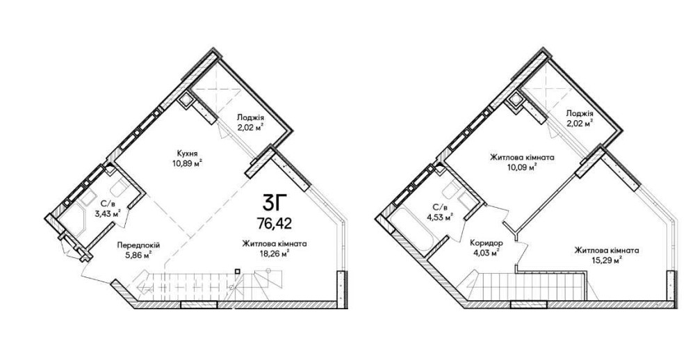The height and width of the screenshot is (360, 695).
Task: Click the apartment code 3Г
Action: [272, 204]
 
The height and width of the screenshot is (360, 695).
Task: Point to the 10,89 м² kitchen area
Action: [188, 163]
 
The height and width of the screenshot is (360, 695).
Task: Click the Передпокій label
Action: [138, 245]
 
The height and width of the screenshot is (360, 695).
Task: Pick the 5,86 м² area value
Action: [138, 254]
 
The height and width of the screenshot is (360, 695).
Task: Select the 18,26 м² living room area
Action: [275, 253]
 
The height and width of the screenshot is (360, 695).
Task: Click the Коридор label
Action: [487, 243]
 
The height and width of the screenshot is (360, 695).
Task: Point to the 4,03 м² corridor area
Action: [486, 253]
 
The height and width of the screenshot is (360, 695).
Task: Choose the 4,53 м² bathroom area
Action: [439, 217]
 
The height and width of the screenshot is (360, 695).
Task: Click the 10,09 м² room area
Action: [522, 167]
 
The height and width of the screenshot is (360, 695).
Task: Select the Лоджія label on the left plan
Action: [250, 117]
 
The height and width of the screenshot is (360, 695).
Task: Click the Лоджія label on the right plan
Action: [580, 113]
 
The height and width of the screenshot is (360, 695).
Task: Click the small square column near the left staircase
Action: [238, 271]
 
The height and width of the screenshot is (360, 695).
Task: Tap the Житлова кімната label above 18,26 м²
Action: [275, 243]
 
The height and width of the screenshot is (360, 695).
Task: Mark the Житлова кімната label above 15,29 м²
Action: [607, 250]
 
